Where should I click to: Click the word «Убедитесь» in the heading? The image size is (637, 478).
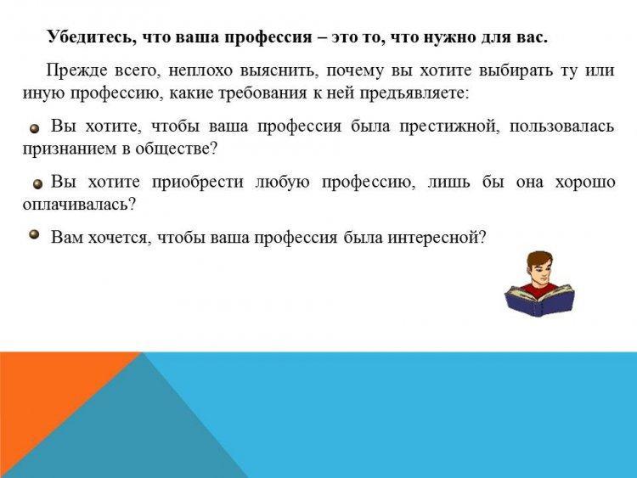[87, 37]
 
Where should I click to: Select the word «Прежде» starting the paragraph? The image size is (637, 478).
[76, 70]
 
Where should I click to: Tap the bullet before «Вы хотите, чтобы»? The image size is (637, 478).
[35, 128]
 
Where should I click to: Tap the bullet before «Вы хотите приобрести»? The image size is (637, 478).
[37, 184]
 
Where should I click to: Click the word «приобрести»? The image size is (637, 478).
[197, 183]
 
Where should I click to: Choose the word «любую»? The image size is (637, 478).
[282, 182]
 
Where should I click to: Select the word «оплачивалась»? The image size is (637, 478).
[79, 204]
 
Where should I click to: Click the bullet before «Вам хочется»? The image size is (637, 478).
[35, 234]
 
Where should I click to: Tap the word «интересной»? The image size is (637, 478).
[437, 237]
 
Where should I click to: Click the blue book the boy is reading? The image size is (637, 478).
[539, 300]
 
